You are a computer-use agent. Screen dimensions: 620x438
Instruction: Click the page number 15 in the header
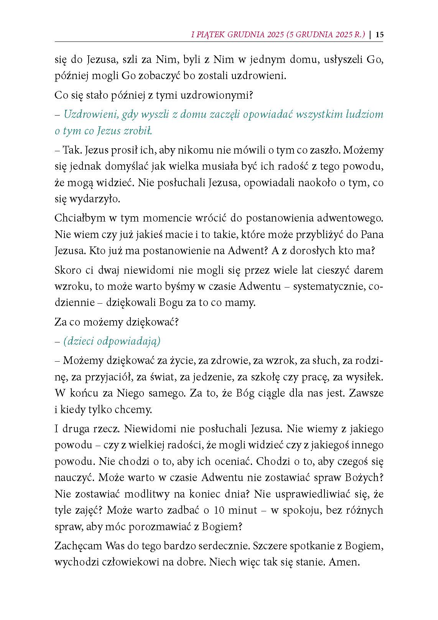pyautogui.click(x=379, y=34)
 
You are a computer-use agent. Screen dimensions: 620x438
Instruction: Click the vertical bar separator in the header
pyautogui.click(x=370, y=34)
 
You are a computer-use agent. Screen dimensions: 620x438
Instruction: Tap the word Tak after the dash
pyautogui.click(x=71, y=150)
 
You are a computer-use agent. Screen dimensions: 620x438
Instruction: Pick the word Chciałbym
pyautogui.click(x=80, y=218)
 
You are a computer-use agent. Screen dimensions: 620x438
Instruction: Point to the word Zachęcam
pyautogui.click(x=79, y=546)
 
